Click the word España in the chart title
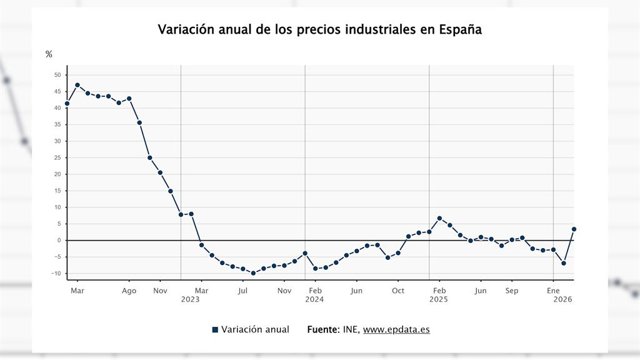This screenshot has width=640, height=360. (460, 30)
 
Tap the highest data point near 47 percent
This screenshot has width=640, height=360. (78, 85)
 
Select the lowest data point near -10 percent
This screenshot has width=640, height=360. (253, 273)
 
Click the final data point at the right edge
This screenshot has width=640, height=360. (574, 229)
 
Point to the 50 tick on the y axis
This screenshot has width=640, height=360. (58, 75)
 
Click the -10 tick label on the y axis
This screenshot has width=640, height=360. (56, 273)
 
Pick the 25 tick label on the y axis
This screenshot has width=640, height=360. (58, 158)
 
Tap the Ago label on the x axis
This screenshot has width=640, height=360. (129, 291)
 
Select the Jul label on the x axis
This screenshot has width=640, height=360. (243, 291)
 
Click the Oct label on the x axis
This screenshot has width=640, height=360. (398, 291)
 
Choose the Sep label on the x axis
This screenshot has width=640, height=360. (512, 291)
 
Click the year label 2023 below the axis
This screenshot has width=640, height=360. (191, 300)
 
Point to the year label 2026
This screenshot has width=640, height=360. (563, 300)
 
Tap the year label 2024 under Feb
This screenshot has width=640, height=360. (315, 300)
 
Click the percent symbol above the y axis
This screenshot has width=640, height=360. (49, 54)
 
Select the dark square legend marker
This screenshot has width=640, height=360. (215, 330)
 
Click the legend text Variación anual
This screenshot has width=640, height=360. (255, 329)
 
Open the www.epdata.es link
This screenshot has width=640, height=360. (396, 329)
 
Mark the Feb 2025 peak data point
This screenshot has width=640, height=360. (440, 218)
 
